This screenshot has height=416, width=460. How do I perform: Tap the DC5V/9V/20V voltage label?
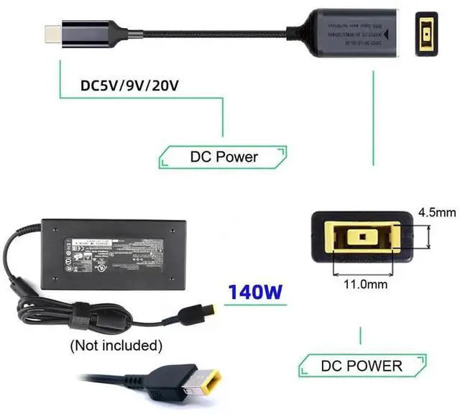point(129,85)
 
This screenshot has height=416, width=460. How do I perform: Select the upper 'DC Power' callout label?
point(224,156)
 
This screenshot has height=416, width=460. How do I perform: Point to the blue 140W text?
point(254,292)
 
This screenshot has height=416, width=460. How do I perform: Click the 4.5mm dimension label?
point(436,213)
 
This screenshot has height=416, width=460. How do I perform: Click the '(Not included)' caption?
point(115,345)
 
